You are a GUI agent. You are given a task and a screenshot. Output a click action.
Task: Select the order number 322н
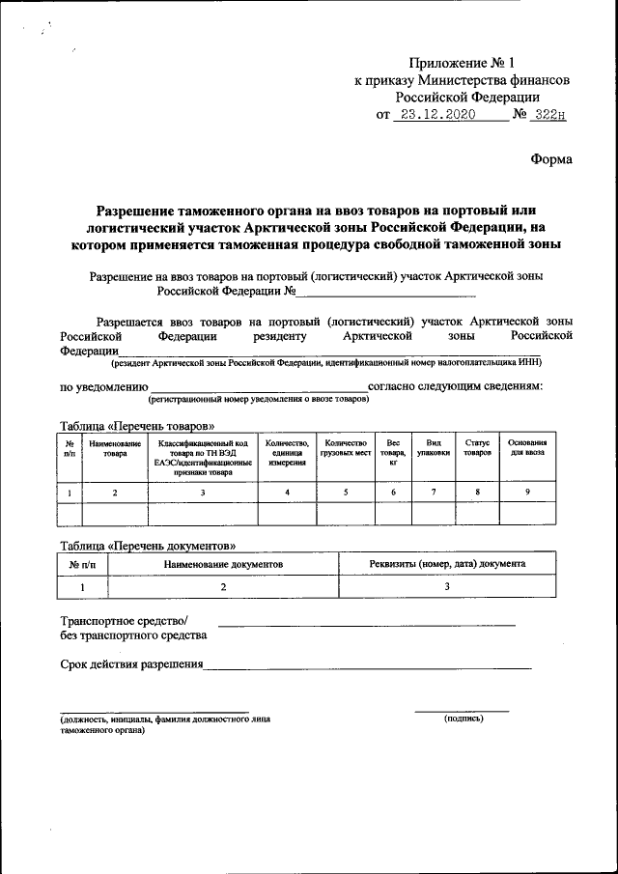pos(549,114)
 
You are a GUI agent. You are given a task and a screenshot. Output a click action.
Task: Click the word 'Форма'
pos(551,158)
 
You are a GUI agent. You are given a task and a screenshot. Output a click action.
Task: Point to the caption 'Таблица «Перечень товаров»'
pos(136,426)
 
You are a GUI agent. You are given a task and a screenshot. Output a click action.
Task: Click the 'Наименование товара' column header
pos(115,450)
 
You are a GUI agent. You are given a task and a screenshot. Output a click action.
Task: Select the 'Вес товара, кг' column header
pos(393,452)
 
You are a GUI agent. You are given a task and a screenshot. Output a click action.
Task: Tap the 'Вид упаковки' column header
pos(433,447)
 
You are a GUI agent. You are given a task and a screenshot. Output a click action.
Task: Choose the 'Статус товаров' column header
pos(477,447)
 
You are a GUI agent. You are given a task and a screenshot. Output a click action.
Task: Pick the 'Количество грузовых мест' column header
pos(346,447)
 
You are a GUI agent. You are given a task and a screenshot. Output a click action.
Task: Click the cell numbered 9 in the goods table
pos(527,493)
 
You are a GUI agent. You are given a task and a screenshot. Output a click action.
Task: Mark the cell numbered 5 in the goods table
pos(346,493)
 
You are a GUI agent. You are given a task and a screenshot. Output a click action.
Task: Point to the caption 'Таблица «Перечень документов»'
pos(147,545)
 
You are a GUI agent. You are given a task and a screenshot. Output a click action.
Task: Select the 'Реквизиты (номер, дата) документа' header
pos(447,562)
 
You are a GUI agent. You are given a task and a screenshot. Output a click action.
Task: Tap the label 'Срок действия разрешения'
pos(131,663)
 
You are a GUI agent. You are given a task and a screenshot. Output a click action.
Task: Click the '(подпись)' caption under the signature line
pos(463,719)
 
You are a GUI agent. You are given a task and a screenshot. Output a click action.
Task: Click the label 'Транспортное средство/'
pos(125,620)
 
